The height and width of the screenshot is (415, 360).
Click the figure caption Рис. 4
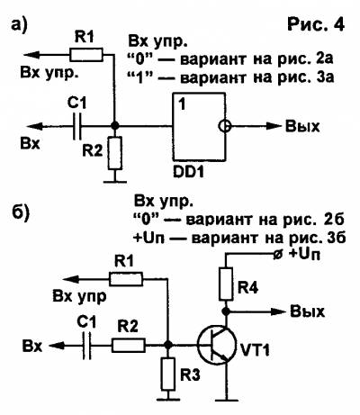coord(316,24)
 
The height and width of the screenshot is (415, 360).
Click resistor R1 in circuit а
coord(86,55)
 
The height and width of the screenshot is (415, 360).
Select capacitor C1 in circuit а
coord(77,127)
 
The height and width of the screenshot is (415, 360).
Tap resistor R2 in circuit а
coord(115,152)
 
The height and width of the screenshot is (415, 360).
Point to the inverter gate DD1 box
coord(198,126)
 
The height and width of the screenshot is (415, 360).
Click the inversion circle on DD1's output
coord(224,126)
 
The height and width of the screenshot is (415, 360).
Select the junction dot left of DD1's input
coord(114,126)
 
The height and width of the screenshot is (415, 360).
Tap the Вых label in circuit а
coord(302,126)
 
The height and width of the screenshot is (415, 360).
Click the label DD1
coord(188,172)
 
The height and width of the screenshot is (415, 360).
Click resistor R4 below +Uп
coord(226,284)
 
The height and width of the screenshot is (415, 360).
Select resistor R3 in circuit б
coord(167,374)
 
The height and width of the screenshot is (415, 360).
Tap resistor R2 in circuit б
coord(129,346)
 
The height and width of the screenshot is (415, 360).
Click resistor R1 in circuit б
coord(126,279)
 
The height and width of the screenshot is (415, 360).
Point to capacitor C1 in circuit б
coord(87,346)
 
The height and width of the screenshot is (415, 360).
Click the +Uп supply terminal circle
coord(278,255)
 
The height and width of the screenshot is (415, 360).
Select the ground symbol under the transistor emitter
coord(227,400)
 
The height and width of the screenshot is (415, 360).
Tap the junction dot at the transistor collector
coord(226,311)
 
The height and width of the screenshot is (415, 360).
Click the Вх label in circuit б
coord(32,347)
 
